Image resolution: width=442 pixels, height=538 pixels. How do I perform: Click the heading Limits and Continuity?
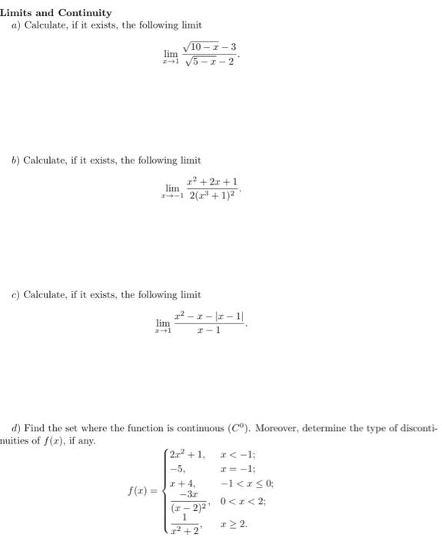(56, 13)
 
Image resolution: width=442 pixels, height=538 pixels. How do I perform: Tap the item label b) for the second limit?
(15, 160)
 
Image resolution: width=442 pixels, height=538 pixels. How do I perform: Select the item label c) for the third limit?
(15, 294)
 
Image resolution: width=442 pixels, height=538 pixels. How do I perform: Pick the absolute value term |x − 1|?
(233, 316)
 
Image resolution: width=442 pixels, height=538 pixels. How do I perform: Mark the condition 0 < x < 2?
(242, 502)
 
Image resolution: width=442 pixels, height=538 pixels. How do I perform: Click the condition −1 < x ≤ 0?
(248, 483)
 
